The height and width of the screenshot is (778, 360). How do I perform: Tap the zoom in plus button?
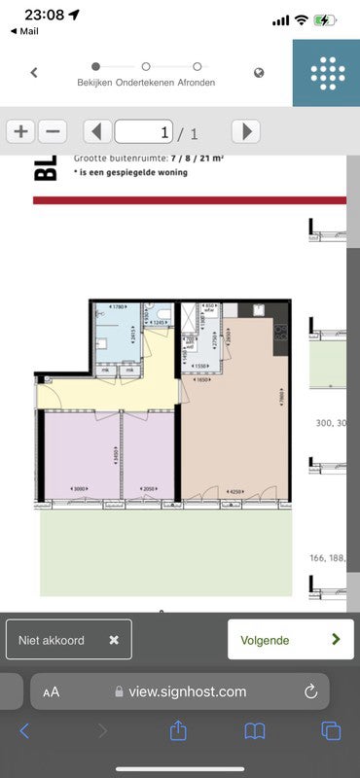[20, 131]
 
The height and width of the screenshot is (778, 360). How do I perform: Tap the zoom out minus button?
[53, 131]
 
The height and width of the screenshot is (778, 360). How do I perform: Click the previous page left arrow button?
[97, 131]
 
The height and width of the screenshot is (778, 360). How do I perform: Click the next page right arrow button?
[246, 131]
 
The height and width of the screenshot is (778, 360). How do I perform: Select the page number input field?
[144, 131]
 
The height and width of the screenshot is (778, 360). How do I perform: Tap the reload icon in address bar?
[311, 691]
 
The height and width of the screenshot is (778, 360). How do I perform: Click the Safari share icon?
[178, 730]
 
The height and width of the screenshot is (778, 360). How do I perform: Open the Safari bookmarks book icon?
[255, 730]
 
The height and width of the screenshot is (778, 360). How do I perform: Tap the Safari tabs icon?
[331, 730]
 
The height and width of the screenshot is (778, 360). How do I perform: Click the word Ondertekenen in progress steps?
[145, 83]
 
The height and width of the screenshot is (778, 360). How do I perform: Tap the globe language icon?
[260, 72]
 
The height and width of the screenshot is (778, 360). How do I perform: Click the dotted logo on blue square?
[327, 73]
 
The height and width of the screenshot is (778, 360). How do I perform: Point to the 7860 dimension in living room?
[279, 398]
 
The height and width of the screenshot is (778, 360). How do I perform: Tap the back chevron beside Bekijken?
[34, 72]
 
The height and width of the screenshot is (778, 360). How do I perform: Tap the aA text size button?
[52, 692]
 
